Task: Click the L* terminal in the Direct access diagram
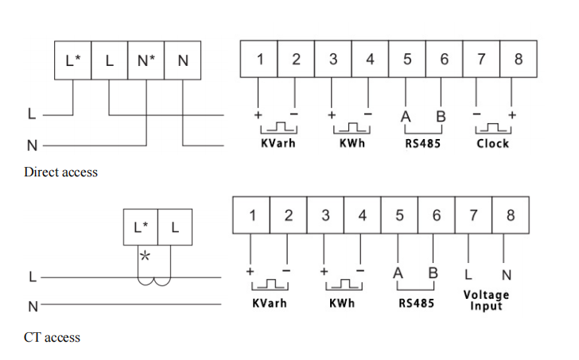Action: (x=72, y=60)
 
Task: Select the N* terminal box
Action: (x=146, y=60)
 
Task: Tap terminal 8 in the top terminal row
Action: (x=518, y=59)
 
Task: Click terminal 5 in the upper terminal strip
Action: (x=406, y=59)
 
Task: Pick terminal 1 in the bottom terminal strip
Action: (x=252, y=215)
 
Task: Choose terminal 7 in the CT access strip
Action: (x=472, y=215)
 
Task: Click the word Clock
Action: (x=492, y=144)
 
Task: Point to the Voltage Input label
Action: (x=486, y=300)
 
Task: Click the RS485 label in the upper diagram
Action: (x=422, y=144)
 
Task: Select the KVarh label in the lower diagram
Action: (x=269, y=304)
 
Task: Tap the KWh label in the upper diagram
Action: (x=350, y=144)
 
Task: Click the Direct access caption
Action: (x=61, y=172)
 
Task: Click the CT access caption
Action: (x=52, y=337)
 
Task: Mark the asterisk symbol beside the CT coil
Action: (x=145, y=257)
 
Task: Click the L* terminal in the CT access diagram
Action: (x=140, y=227)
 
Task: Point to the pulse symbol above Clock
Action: (x=494, y=128)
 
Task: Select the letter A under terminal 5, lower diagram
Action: (x=398, y=273)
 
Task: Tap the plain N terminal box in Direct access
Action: (x=182, y=60)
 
